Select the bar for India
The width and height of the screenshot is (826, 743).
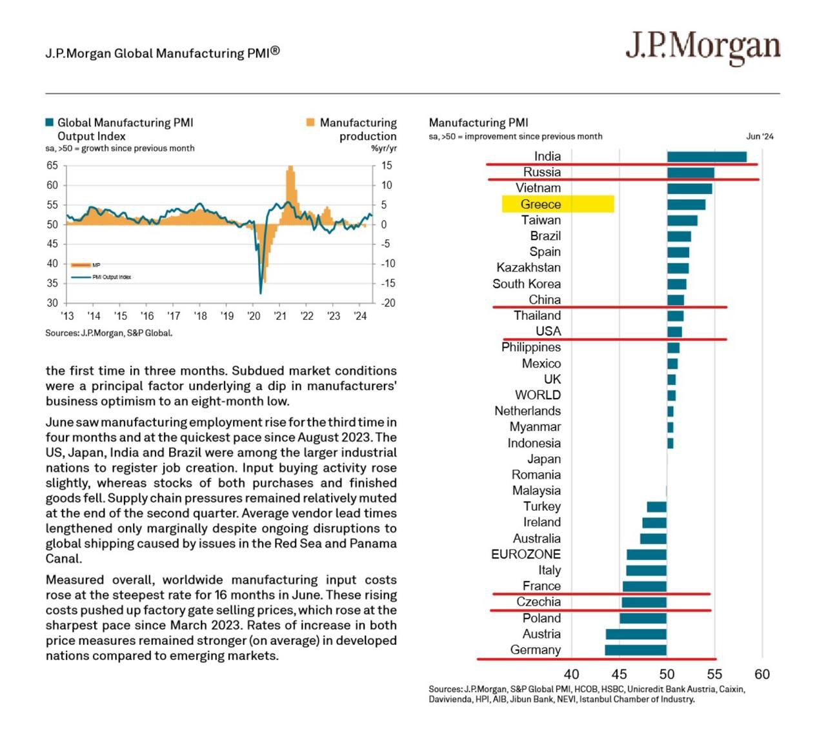(707, 157)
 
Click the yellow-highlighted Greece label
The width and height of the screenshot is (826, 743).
(541, 204)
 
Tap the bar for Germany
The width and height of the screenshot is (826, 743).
(636, 650)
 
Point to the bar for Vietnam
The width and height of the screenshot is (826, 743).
(689, 188)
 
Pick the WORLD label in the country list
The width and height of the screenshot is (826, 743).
(538, 395)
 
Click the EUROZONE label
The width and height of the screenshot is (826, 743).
(526, 554)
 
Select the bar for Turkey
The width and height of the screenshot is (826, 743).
(657, 507)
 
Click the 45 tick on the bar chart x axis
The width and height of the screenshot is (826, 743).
(619, 675)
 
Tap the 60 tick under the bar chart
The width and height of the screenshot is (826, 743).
(762, 675)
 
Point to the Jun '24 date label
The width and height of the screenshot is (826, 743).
(760, 137)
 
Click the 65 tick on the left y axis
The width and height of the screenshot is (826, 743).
(52, 166)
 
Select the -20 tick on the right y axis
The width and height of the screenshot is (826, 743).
(388, 303)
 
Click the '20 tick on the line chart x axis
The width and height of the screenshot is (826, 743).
(254, 316)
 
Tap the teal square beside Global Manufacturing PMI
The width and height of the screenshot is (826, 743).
(50, 123)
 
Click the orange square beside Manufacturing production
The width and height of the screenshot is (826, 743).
(310, 123)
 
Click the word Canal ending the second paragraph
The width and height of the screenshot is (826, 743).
(63, 559)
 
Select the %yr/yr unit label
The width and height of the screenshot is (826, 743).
(384, 148)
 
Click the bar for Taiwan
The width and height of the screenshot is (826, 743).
(682, 221)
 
